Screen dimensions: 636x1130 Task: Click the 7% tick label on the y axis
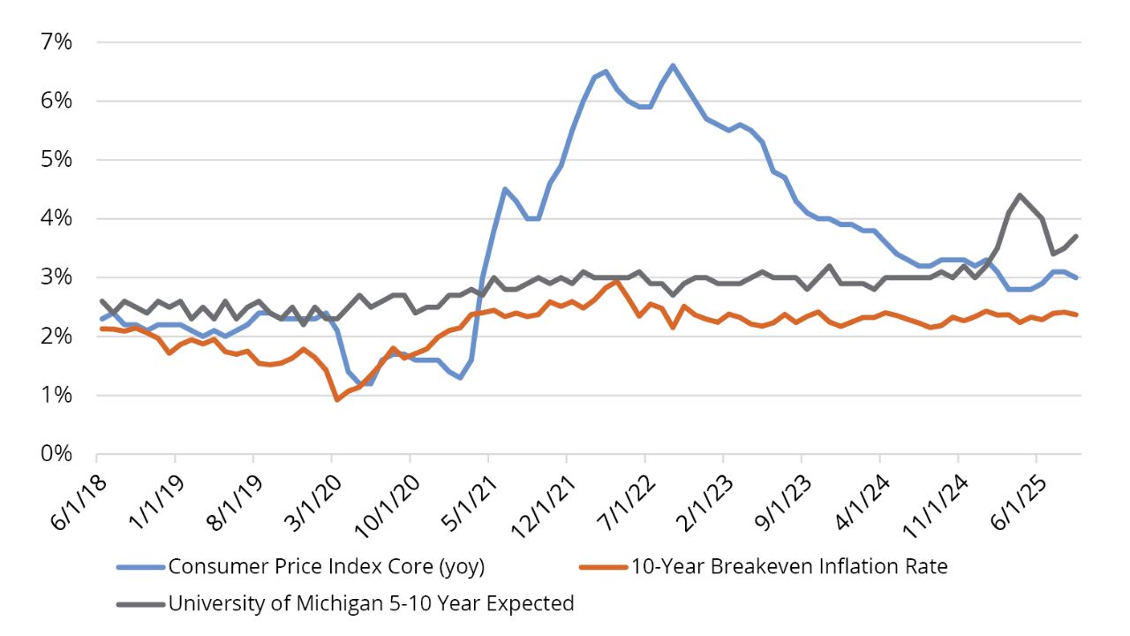[54, 42]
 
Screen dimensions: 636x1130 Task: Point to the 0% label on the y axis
[54, 454]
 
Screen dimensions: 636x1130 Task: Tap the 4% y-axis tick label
[54, 219]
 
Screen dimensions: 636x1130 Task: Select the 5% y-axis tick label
[54, 160]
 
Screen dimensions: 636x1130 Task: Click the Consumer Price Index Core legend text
[327, 566]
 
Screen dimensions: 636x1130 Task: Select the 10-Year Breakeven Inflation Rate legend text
[788, 566]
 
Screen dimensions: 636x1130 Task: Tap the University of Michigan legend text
[371, 603]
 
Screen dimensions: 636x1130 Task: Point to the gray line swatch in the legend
[139, 604]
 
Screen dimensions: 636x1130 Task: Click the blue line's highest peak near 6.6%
[673, 65]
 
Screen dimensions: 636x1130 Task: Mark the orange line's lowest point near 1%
[337, 399]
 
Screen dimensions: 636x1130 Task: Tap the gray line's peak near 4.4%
[1020, 195]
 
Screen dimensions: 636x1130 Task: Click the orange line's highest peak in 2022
[616, 282]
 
